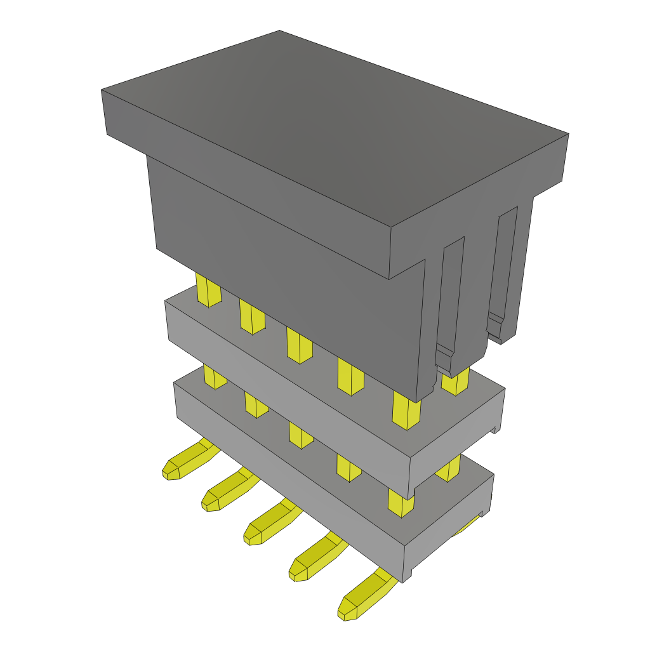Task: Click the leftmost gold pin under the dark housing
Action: (x=208, y=291)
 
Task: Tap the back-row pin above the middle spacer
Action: (x=454, y=383)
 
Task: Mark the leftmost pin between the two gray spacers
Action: (x=215, y=376)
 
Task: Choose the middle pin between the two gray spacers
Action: (x=300, y=435)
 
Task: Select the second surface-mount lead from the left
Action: (x=225, y=493)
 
